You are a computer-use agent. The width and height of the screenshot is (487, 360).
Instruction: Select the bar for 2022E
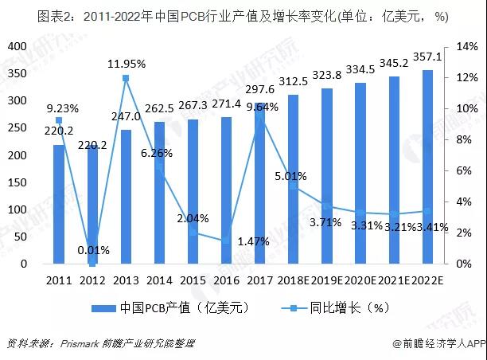[428, 166]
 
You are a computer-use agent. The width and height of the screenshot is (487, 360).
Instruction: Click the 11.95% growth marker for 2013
[126, 78]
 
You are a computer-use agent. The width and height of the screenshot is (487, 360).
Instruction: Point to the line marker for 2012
[92, 263]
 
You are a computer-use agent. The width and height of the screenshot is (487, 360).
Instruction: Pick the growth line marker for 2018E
[294, 186]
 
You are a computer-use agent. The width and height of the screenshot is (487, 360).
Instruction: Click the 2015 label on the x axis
[193, 281]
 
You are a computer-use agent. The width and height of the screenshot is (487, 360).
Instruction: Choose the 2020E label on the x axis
[361, 281]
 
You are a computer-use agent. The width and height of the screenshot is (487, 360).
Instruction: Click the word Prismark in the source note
[84, 343]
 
